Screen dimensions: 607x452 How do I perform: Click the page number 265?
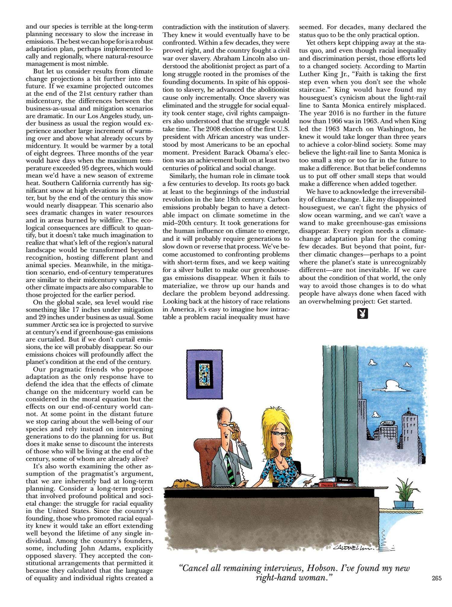tap(436, 595)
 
